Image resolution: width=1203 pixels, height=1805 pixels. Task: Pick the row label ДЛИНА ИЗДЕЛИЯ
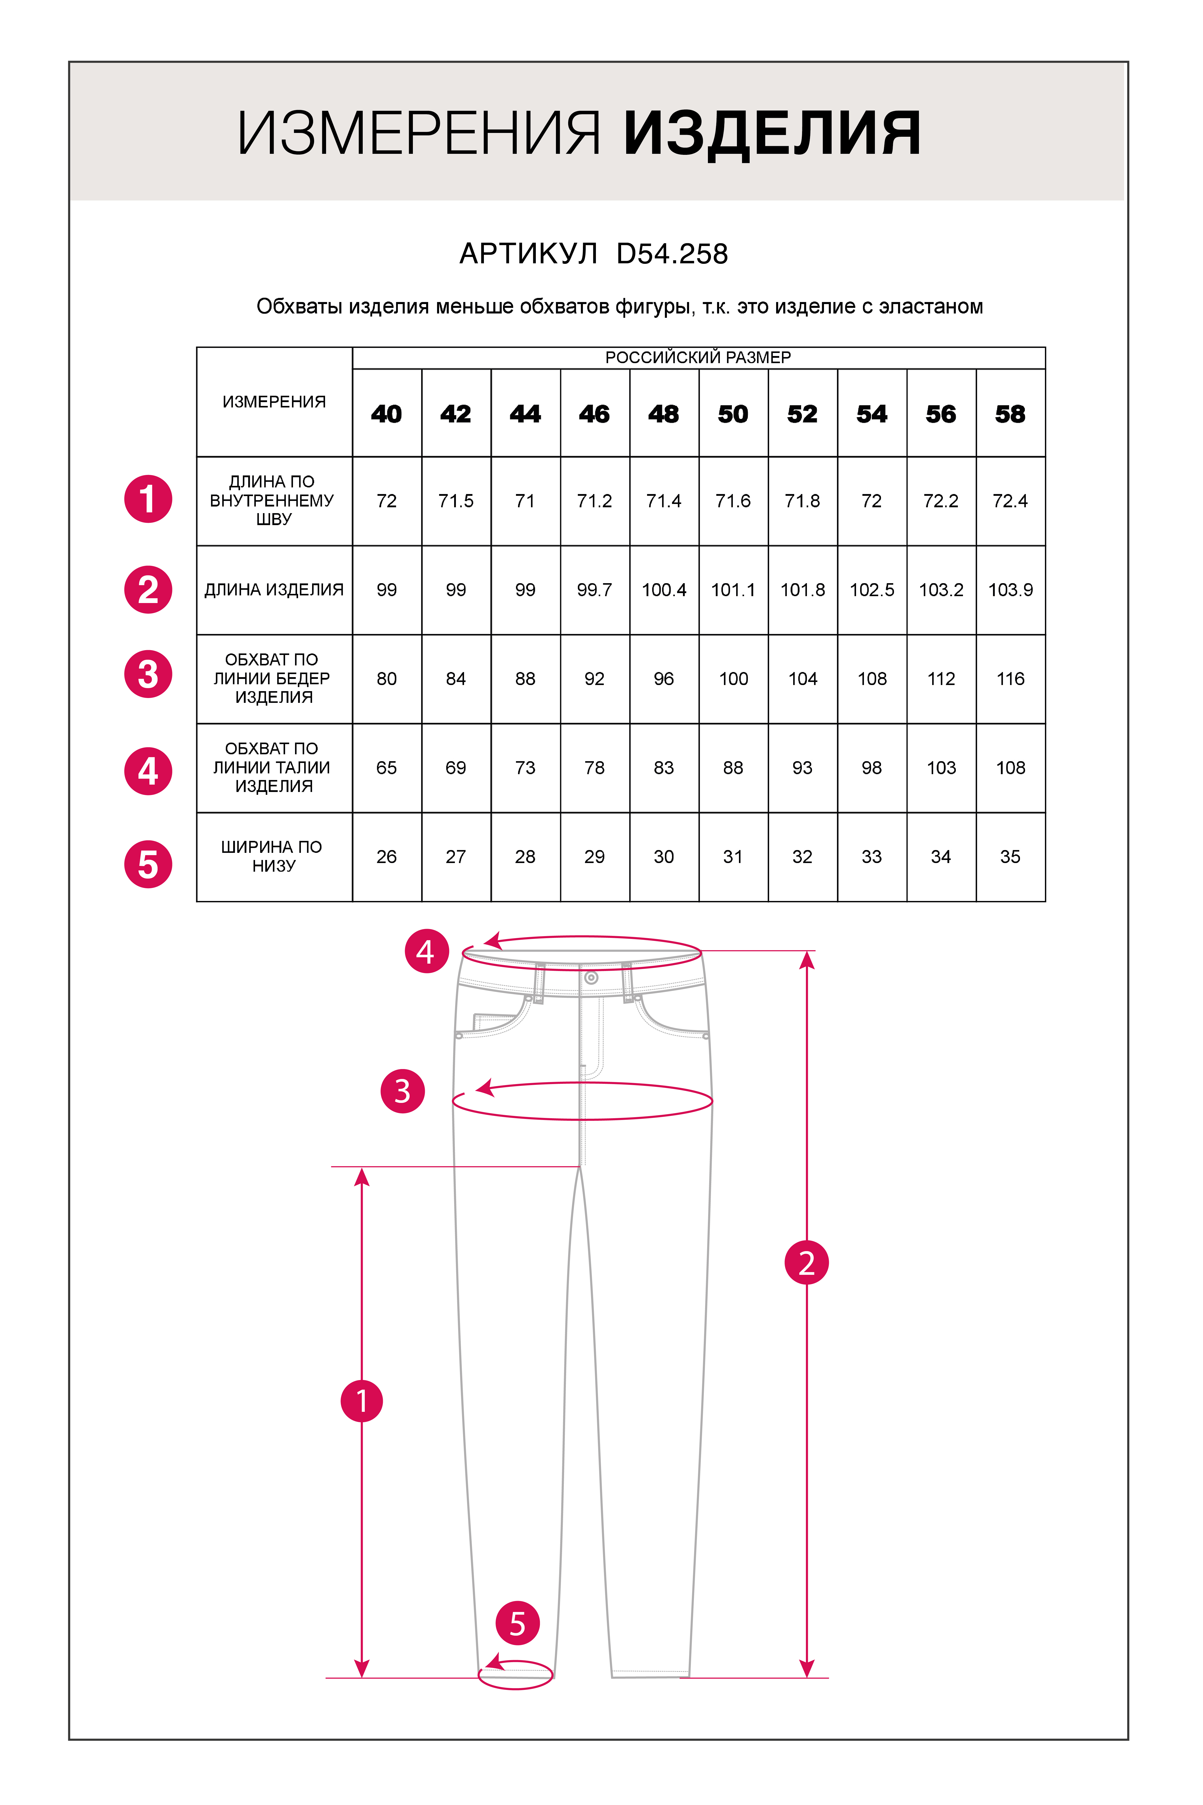click(x=274, y=590)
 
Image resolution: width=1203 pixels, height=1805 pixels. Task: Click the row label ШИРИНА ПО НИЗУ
click(x=272, y=856)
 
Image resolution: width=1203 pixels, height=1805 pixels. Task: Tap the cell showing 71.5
click(x=456, y=501)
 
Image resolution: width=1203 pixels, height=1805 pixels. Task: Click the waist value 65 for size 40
click(x=387, y=768)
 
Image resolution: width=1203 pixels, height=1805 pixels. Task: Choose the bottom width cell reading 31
click(x=733, y=857)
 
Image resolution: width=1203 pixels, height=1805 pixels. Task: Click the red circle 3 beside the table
click(x=148, y=675)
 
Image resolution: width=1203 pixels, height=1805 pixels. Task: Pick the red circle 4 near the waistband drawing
click(x=427, y=952)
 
